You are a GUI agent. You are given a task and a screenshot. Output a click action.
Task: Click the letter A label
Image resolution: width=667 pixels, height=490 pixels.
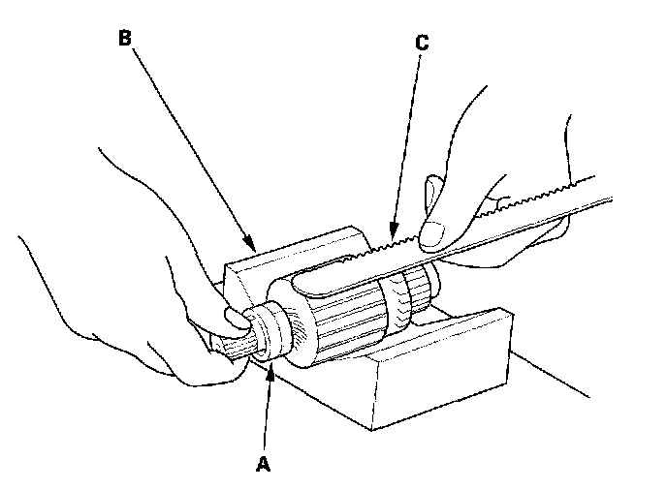261,463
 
